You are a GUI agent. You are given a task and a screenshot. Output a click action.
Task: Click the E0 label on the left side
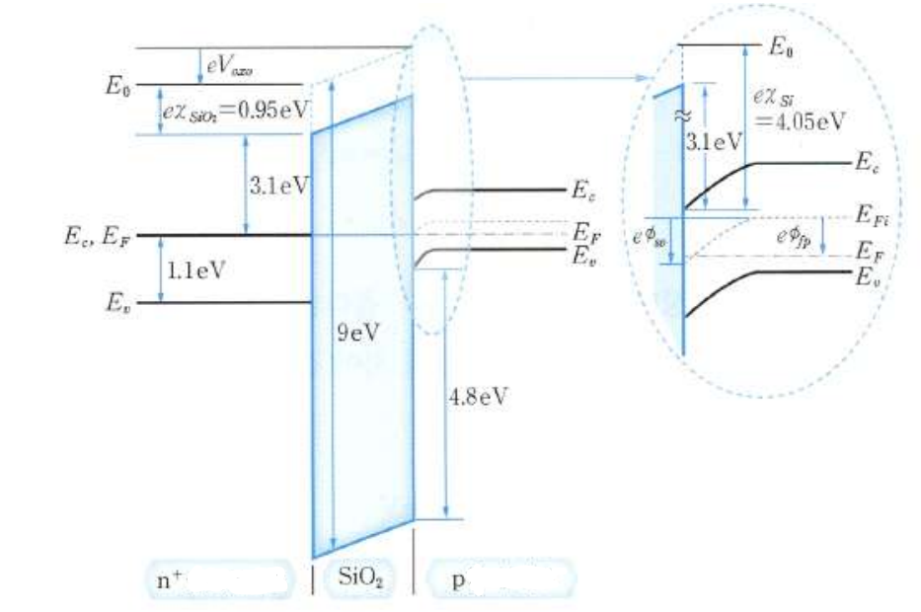(x=117, y=85)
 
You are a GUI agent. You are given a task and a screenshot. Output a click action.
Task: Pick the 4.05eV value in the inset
(x=807, y=121)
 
